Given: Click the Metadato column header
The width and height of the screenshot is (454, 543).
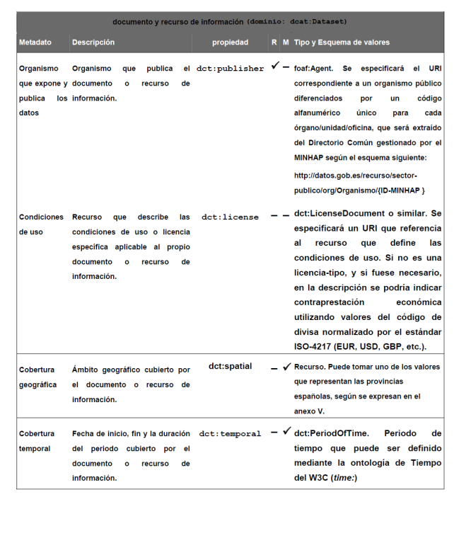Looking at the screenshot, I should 35,42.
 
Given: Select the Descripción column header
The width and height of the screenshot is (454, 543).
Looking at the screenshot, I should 93,42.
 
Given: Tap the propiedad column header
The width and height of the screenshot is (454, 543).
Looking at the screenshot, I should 231,42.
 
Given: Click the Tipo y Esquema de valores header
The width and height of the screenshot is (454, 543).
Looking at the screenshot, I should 342,42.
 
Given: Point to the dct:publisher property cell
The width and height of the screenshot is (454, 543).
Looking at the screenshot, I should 233,69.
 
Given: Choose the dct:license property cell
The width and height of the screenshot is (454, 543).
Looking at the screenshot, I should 230,217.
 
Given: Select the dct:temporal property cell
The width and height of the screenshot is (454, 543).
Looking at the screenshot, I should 230,433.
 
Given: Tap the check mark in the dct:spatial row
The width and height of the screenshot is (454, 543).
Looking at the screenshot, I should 286,367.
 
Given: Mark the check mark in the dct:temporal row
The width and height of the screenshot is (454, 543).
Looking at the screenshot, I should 286,431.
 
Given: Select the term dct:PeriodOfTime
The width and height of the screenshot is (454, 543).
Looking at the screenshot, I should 330,433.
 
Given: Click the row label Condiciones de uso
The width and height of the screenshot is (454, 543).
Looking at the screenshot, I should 41,224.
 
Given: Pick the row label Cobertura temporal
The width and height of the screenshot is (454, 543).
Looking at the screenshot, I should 37,441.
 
